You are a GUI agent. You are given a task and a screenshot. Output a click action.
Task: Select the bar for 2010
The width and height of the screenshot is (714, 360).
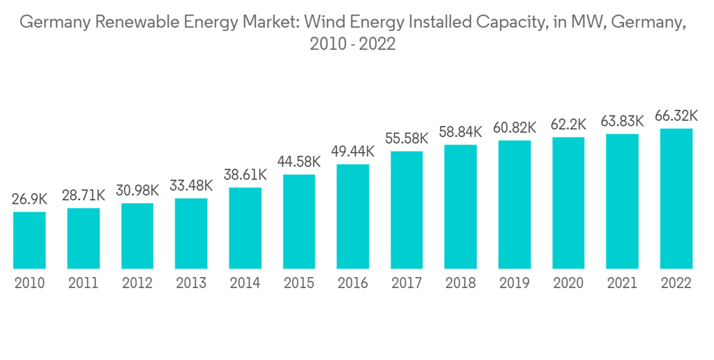29,240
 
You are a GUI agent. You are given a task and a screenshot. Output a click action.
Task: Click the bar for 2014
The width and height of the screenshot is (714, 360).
245,228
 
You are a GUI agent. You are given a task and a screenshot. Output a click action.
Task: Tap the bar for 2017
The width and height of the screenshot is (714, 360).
406,210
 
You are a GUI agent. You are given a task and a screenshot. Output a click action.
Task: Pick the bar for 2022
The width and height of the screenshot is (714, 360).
676,199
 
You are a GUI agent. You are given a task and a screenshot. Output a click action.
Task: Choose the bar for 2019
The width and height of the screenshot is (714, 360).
514,204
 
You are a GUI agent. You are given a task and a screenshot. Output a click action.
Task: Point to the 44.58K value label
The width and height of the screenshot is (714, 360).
299,161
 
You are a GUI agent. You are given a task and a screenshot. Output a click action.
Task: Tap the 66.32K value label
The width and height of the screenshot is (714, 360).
676,116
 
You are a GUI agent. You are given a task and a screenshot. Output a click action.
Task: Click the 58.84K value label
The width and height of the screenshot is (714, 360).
461,131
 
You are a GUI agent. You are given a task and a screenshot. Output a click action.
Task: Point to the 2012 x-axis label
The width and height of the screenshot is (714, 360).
137,284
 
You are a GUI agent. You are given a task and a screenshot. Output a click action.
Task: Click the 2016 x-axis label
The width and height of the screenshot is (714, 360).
353,284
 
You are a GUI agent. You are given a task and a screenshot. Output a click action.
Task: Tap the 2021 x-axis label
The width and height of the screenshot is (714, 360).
622,284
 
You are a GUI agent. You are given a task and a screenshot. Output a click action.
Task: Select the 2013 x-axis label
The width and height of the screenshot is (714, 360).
191,284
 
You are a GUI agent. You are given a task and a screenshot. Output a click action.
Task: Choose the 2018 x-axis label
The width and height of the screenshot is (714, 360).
461,284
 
